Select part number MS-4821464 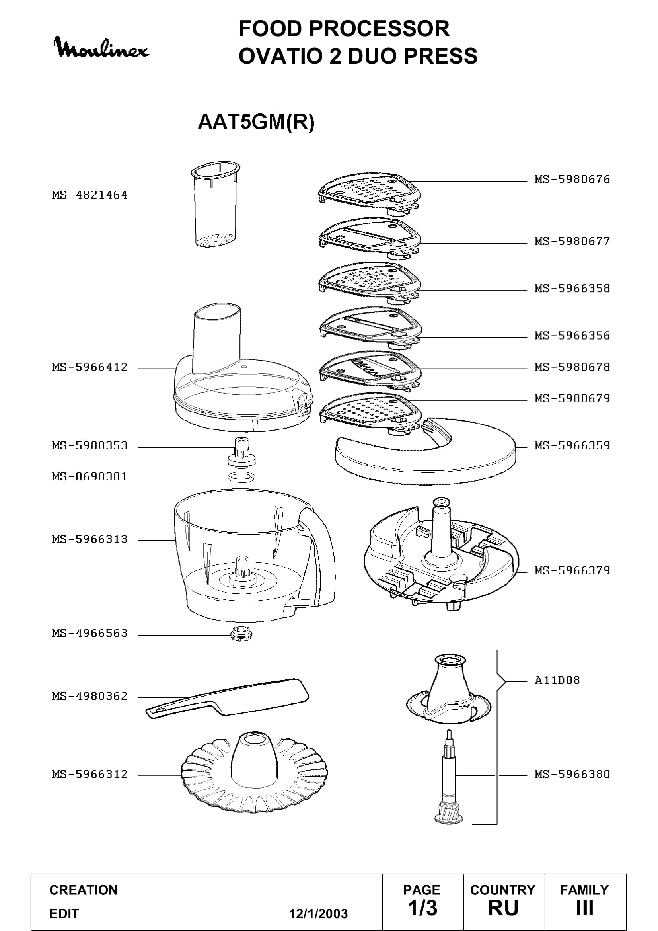coord(90,195)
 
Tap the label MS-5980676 coord(572,179)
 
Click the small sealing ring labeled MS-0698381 coord(241,477)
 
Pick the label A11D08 coord(557,680)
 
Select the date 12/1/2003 coord(318,913)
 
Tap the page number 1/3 coord(422,908)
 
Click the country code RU coord(503,908)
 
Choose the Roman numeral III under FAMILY coord(585,908)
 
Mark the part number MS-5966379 coord(572,570)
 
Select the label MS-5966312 coord(90,774)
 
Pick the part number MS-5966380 coord(572,774)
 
